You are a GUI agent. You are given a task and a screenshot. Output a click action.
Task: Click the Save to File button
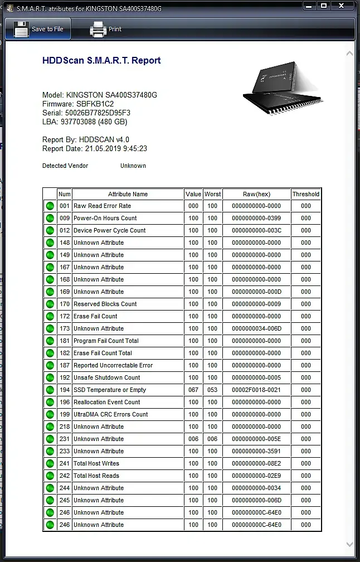pyautogui.click(x=38, y=29)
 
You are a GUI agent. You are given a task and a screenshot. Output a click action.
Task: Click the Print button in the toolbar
pyautogui.click(x=106, y=29)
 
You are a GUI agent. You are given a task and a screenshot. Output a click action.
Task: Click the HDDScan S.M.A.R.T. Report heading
pyautogui.click(x=101, y=61)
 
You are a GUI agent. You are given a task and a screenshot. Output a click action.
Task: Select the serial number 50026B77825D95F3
pyautogui.click(x=98, y=113)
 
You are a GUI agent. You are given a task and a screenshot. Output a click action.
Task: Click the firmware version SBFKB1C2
pyautogui.click(x=95, y=104)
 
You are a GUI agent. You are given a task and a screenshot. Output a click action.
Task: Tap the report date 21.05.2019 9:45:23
pyautogui.click(x=116, y=149)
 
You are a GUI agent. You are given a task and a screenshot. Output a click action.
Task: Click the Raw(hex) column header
pyautogui.click(x=256, y=194)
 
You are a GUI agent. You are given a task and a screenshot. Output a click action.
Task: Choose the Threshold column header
pyautogui.click(x=306, y=194)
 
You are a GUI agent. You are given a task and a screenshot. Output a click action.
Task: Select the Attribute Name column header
pyautogui.click(x=128, y=194)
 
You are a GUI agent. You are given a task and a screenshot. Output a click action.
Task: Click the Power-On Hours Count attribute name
pyautogui.click(x=105, y=218)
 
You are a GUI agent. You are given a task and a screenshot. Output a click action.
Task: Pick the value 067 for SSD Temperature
pyautogui.click(x=193, y=390)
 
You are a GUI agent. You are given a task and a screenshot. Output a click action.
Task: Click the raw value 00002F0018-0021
pyautogui.click(x=256, y=390)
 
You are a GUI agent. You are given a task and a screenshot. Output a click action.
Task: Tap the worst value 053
pyautogui.click(x=212, y=390)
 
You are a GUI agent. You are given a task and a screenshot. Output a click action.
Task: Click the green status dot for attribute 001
pyautogui.click(x=50, y=206)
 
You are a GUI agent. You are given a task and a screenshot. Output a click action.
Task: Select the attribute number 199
pyautogui.click(x=65, y=414)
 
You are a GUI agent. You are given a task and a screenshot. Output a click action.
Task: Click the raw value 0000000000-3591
pyautogui.click(x=256, y=451)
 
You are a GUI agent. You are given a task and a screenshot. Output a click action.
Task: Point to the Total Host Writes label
pyautogui.click(x=96, y=463)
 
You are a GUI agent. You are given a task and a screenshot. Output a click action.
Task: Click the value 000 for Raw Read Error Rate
pyautogui.click(x=193, y=206)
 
